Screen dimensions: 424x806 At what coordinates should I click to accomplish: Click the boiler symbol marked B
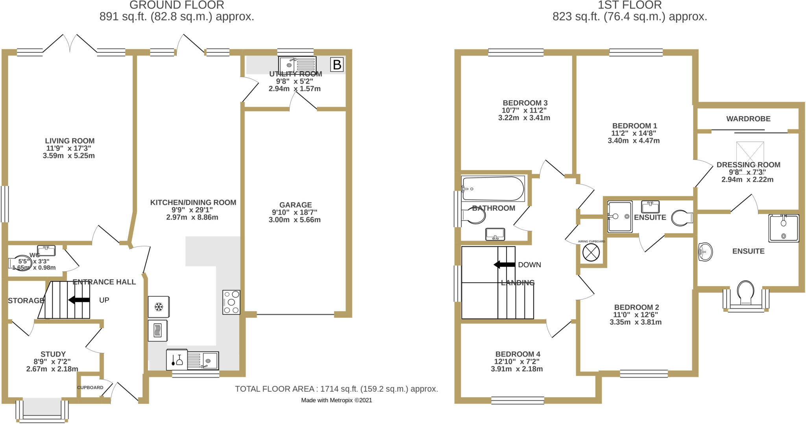[337, 65]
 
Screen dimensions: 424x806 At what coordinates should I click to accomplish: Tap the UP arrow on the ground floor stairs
[79, 300]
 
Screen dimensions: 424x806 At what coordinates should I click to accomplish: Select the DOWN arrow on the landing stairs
[504, 265]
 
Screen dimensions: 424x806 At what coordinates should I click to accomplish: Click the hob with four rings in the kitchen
[231, 302]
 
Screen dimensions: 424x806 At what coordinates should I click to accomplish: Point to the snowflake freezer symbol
[159, 307]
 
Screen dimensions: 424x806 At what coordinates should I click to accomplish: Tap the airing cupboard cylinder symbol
[591, 252]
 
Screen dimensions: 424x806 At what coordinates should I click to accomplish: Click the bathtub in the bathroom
[493, 189]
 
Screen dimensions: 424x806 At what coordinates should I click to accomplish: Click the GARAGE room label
[295, 205]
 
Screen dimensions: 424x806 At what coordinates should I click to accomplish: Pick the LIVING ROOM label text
[69, 141]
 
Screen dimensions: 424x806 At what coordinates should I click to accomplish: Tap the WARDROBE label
[748, 118]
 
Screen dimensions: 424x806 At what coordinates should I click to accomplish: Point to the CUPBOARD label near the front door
[90, 387]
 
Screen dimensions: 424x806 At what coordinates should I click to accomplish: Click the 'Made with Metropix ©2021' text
[336, 400]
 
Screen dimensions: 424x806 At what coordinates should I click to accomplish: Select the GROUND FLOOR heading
[177, 5]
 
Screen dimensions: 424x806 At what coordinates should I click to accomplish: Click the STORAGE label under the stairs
[26, 300]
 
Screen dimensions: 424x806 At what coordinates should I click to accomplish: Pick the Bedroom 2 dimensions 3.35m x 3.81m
[635, 322]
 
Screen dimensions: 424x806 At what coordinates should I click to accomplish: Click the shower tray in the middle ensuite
[619, 217]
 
